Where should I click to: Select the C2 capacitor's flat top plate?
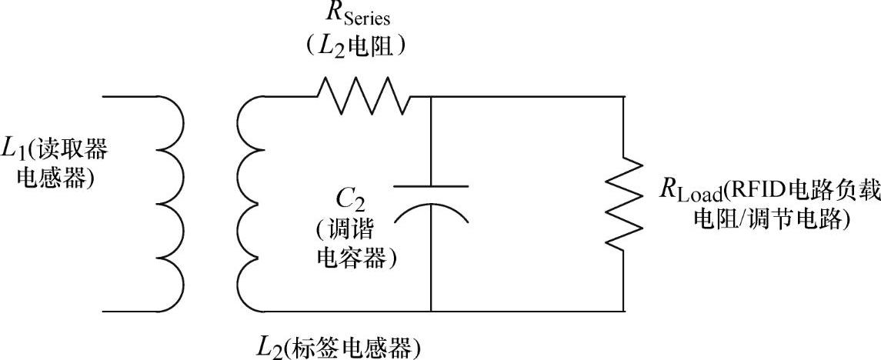coord(431,187)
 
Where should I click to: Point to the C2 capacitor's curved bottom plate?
coord(431,212)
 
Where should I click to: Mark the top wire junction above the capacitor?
coord(431,97)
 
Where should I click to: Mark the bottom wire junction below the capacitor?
coord(431,312)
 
